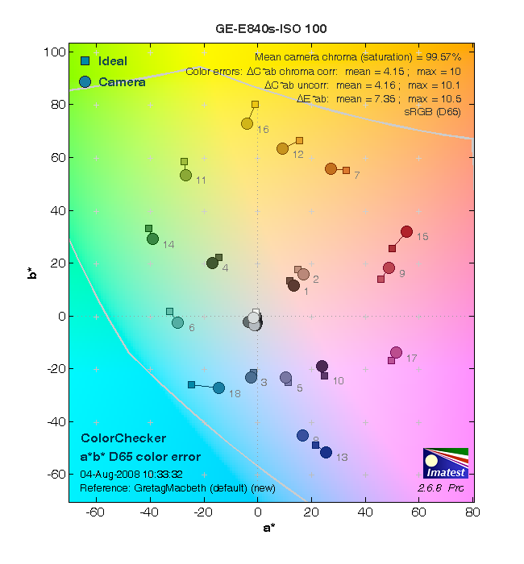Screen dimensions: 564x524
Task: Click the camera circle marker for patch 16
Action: tap(247, 123)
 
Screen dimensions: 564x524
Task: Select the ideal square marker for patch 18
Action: tap(191, 385)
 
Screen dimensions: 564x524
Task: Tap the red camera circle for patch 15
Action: tap(407, 232)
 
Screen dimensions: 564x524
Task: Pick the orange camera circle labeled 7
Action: tap(331, 168)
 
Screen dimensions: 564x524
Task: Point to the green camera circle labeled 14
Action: tap(152, 238)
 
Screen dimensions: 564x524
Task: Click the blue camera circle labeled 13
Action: tap(326, 452)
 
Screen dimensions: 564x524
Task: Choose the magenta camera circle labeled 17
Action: tap(396, 352)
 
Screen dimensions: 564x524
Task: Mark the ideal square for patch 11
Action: tap(184, 162)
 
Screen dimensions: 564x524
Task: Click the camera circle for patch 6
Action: tap(177, 322)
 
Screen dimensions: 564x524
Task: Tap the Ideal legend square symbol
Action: tap(85, 61)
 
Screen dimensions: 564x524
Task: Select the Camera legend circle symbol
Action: tap(85, 81)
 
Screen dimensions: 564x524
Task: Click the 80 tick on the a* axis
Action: tap(472, 512)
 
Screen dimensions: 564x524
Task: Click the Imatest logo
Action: tap(445, 463)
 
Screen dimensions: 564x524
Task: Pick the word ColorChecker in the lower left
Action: tap(123, 438)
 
